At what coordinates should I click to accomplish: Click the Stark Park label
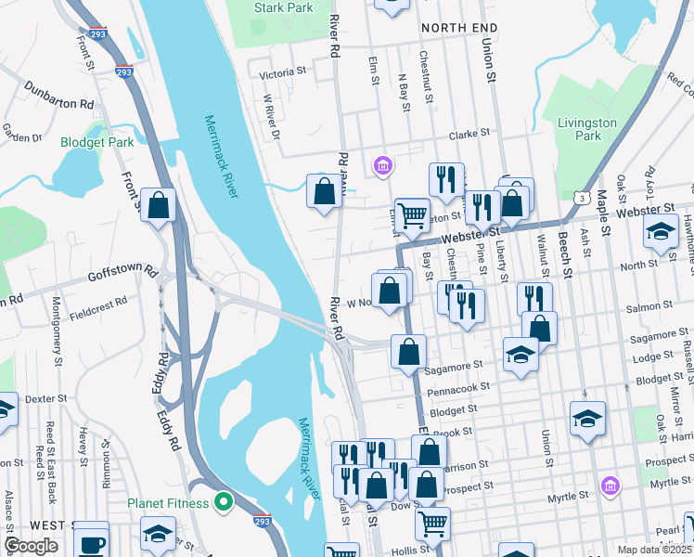[283, 7]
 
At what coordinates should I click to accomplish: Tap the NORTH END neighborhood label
[458, 29]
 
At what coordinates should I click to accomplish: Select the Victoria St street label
[283, 71]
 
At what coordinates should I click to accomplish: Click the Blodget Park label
[96, 142]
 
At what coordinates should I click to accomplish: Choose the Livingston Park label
[587, 129]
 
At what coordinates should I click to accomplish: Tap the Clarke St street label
[469, 135]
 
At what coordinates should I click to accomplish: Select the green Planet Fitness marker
[224, 503]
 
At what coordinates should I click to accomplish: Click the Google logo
[31, 546]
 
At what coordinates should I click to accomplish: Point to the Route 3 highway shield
[580, 198]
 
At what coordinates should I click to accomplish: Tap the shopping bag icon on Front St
[159, 205]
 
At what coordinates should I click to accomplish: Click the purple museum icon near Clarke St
[381, 166]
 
